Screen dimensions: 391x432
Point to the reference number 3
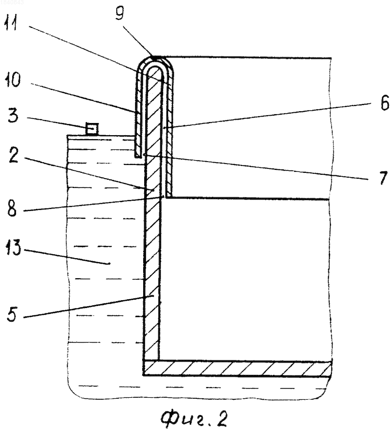click(x=13, y=115)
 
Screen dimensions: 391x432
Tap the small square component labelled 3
click(x=92, y=129)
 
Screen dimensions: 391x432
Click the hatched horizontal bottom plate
click(x=238, y=369)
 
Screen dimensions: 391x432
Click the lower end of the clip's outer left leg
click(x=137, y=157)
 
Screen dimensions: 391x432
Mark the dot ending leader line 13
click(x=109, y=264)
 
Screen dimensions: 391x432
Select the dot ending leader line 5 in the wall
click(x=152, y=296)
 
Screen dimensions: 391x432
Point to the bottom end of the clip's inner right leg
click(x=169, y=195)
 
